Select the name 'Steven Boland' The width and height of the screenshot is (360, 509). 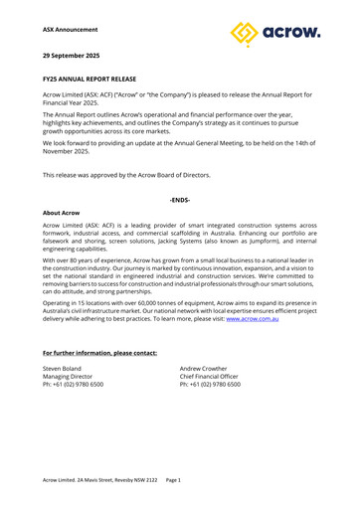[x=66, y=341]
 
